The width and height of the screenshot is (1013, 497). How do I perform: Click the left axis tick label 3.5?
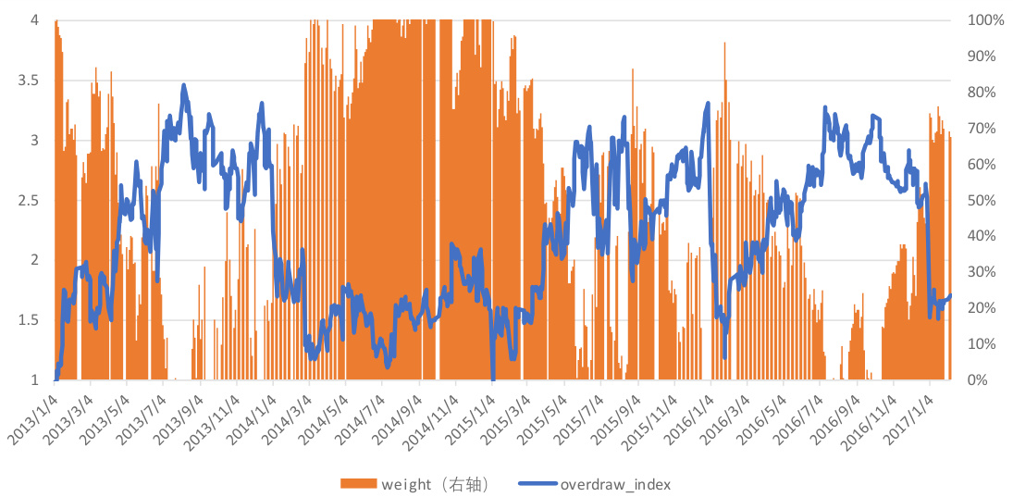[x=28, y=81]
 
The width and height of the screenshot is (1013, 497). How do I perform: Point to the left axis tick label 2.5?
[x=28, y=201]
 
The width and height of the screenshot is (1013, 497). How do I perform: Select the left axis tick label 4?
[x=34, y=20]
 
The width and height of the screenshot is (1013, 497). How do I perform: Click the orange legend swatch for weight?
[x=358, y=484]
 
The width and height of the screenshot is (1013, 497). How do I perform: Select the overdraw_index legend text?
[x=615, y=484]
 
